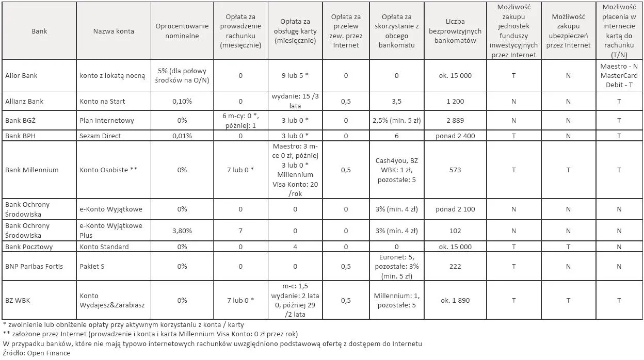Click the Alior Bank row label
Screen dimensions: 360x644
point(21,75)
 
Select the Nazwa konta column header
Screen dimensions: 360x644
point(114,31)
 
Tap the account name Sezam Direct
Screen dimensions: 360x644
point(100,136)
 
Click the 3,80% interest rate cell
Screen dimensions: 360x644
point(182,231)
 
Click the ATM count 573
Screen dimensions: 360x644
point(455,170)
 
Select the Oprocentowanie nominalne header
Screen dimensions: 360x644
point(182,31)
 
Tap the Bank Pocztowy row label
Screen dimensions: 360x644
point(29,247)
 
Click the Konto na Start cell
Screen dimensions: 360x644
point(102,101)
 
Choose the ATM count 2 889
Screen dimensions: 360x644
point(455,120)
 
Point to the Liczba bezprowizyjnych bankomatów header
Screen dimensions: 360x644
point(455,31)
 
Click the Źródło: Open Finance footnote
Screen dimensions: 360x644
point(37,353)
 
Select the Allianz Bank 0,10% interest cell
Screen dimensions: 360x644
point(182,101)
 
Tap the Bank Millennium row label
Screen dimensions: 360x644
point(32,170)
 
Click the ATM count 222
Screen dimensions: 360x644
point(455,266)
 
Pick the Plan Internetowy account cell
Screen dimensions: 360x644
point(107,120)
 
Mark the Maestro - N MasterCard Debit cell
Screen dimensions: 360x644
point(619,75)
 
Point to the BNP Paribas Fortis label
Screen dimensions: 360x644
point(34,266)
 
